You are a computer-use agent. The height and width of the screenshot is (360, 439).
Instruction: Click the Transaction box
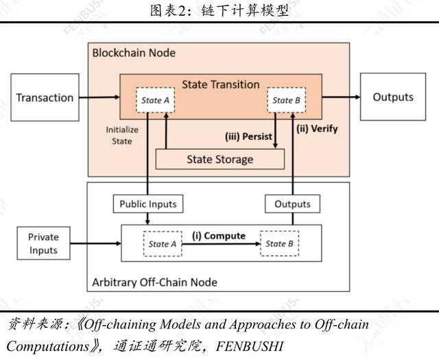[45, 97]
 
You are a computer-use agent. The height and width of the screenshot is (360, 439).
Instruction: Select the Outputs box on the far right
[392, 97]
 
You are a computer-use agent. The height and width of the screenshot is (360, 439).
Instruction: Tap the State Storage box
[219, 159]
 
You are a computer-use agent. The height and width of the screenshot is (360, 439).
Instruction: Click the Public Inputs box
[147, 204]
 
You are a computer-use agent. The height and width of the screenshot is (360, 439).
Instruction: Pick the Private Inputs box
[43, 243]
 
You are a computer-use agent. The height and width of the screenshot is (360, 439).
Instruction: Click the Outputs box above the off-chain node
[292, 204]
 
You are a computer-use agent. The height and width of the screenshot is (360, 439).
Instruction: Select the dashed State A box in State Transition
[152, 101]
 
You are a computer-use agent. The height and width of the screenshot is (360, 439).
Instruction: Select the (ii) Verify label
[317, 128]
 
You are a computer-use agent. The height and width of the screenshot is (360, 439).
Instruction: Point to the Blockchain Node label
[134, 53]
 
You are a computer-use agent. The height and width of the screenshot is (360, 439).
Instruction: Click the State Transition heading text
[220, 84]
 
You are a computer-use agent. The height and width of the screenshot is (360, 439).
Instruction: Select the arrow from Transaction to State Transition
[99, 97]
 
